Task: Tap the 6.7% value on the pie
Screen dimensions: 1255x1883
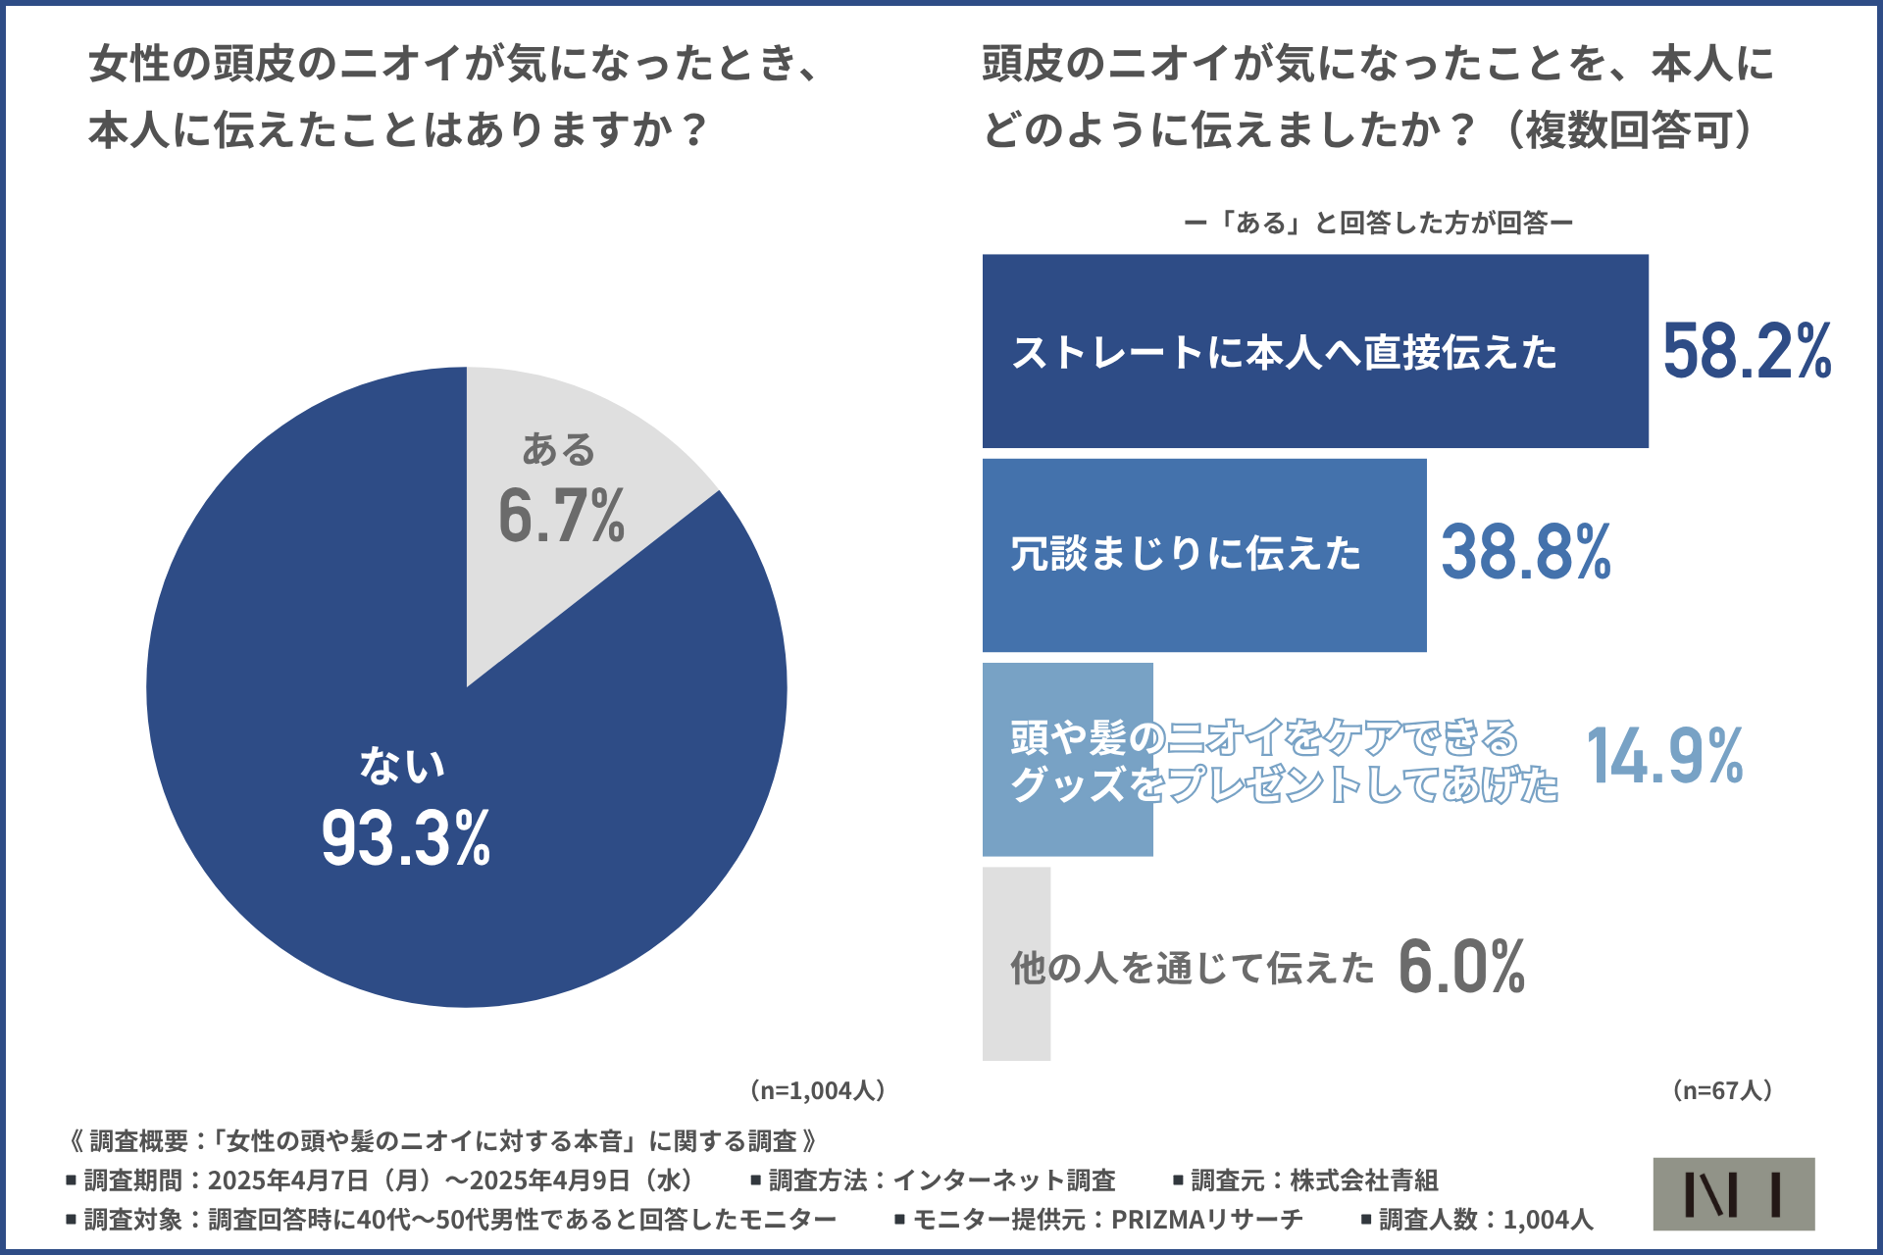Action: coord(561,516)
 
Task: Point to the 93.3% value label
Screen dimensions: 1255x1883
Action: coord(406,839)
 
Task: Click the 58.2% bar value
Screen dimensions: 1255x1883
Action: coord(1747,351)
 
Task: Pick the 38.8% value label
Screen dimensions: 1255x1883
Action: coord(1526,552)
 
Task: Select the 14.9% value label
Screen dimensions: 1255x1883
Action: coord(1664,756)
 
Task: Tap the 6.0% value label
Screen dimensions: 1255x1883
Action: coord(1461,967)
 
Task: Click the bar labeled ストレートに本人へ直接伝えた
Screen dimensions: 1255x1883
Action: coord(1314,351)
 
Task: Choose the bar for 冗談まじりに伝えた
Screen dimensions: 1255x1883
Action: coord(1204,555)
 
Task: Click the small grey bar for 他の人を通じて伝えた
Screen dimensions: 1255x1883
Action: coord(1016,1020)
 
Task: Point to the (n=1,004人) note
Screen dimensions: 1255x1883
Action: coord(818,1090)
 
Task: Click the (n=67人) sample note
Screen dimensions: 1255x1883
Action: coord(1722,1090)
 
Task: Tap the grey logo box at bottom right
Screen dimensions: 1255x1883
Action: coord(1733,1193)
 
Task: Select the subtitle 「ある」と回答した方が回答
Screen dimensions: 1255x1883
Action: coord(1379,224)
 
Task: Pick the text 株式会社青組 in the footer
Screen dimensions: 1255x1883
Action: coord(1363,1180)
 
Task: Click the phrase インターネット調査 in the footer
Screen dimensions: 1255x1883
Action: coord(1004,1180)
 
